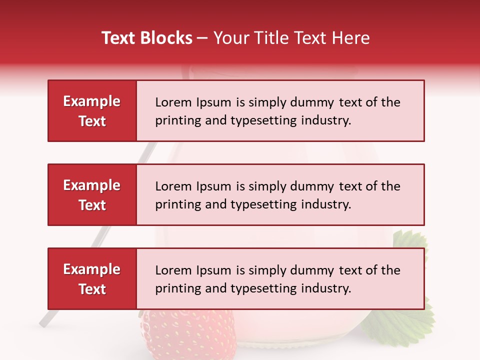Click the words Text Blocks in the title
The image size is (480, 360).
(x=147, y=38)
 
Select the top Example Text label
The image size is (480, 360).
(x=92, y=111)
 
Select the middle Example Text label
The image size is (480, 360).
(x=92, y=195)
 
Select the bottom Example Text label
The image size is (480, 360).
(x=92, y=279)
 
